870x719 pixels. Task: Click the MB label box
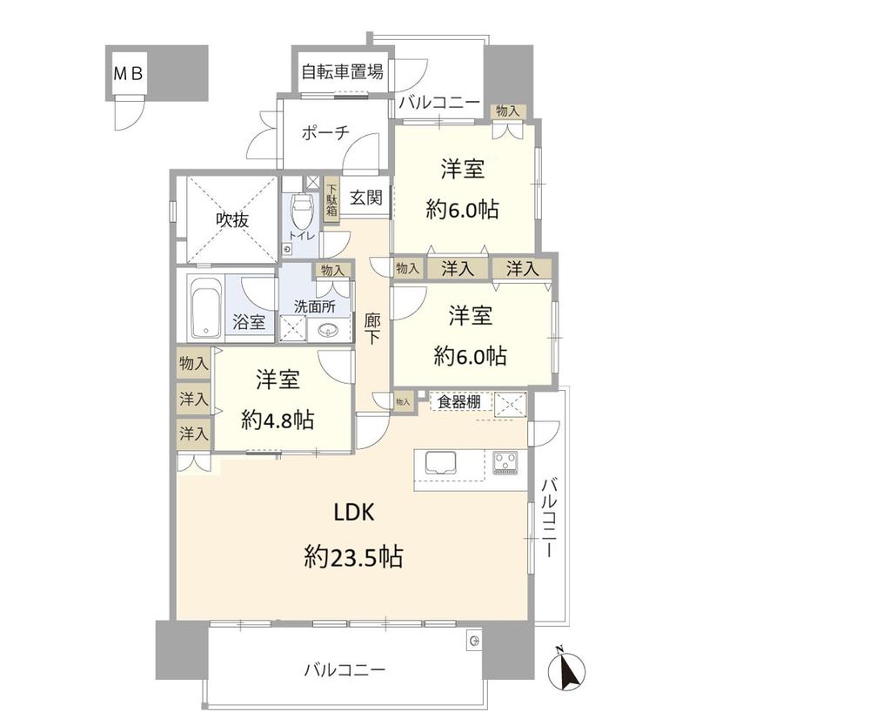(129, 73)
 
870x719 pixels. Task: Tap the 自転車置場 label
(342, 72)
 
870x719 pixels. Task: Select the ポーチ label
(325, 132)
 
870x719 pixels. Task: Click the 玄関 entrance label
(366, 197)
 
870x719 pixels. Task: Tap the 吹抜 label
(232, 220)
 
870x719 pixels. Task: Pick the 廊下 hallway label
(371, 329)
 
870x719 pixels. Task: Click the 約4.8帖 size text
(278, 420)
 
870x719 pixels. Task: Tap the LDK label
(354, 513)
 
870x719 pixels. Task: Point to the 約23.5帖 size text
(353, 556)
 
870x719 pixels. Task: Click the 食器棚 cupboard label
(459, 401)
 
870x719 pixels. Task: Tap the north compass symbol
(566, 668)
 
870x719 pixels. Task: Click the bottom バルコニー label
(345, 670)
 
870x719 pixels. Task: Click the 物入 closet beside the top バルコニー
(508, 111)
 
